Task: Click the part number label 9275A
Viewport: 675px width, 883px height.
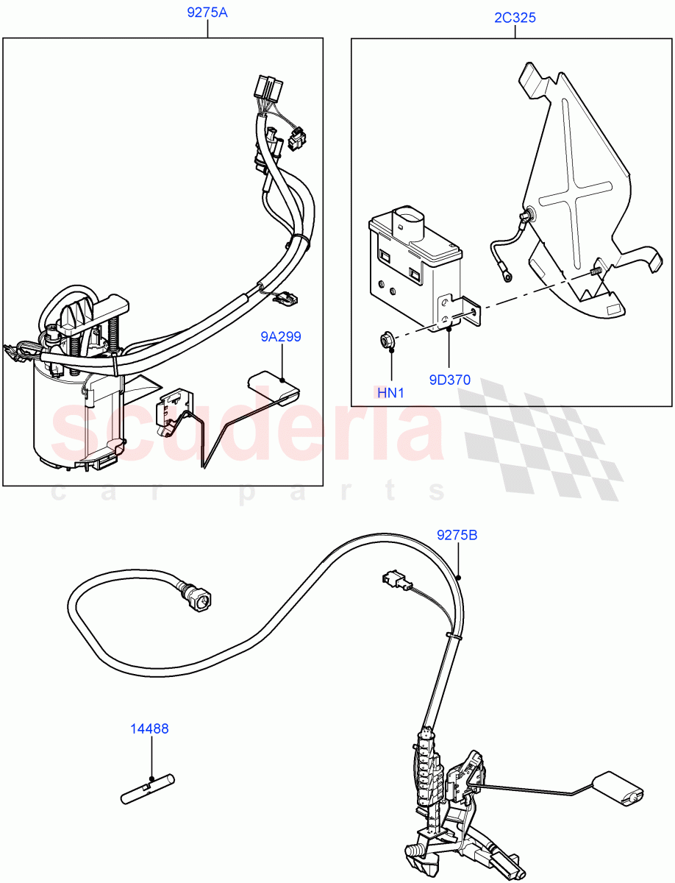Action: (x=207, y=13)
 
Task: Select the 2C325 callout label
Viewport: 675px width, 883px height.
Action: (x=515, y=18)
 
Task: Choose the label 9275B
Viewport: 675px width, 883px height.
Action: (x=457, y=535)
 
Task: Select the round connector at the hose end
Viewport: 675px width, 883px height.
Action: (x=199, y=597)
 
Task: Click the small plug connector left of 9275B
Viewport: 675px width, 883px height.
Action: (x=393, y=581)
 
